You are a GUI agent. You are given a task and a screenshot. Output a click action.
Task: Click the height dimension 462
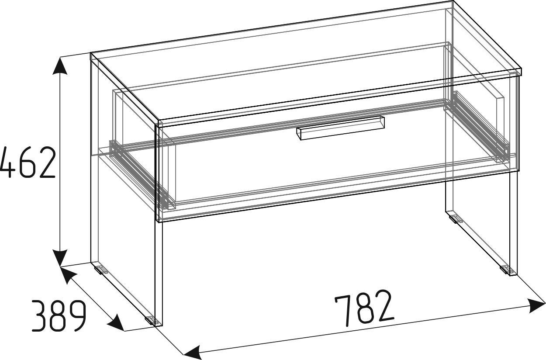click(x=28, y=162)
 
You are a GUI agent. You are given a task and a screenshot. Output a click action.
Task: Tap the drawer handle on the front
click(x=341, y=128)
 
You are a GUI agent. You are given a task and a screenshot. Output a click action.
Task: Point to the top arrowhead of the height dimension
click(x=60, y=66)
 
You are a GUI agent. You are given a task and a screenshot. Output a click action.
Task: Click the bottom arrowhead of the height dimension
click(x=60, y=258)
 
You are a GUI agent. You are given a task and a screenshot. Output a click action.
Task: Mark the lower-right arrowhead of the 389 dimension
click(x=115, y=323)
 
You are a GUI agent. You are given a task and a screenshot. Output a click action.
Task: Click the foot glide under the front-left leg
click(x=150, y=321)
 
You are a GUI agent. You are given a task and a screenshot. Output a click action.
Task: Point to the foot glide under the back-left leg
click(x=100, y=270)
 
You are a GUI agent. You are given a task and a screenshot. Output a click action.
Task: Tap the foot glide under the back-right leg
click(x=454, y=218)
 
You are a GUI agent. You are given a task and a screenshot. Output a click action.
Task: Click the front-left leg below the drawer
click(x=159, y=274)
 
